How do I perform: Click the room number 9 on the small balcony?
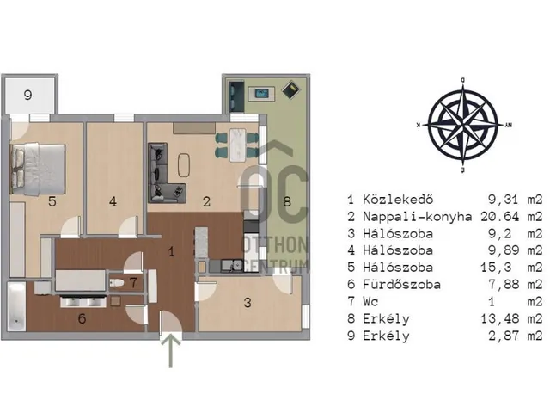(28, 95)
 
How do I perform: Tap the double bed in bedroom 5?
(38, 169)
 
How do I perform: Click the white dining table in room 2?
(237, 145)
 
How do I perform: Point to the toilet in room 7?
(116, 283)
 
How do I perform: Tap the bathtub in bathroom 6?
(16, 307)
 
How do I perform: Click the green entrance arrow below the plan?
(171, 350)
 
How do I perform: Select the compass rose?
(463, 126)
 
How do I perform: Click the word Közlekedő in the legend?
(398, 200)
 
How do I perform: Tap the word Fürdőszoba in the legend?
(401, 284)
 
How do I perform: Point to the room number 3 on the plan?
(247, 303)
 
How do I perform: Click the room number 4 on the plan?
(113, 201)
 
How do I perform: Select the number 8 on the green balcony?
(287, 201)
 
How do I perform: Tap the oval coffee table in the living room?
(184, 165)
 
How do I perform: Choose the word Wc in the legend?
(370, 301)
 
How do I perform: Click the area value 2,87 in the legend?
(504, 336)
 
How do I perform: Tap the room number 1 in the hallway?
(171, 251)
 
